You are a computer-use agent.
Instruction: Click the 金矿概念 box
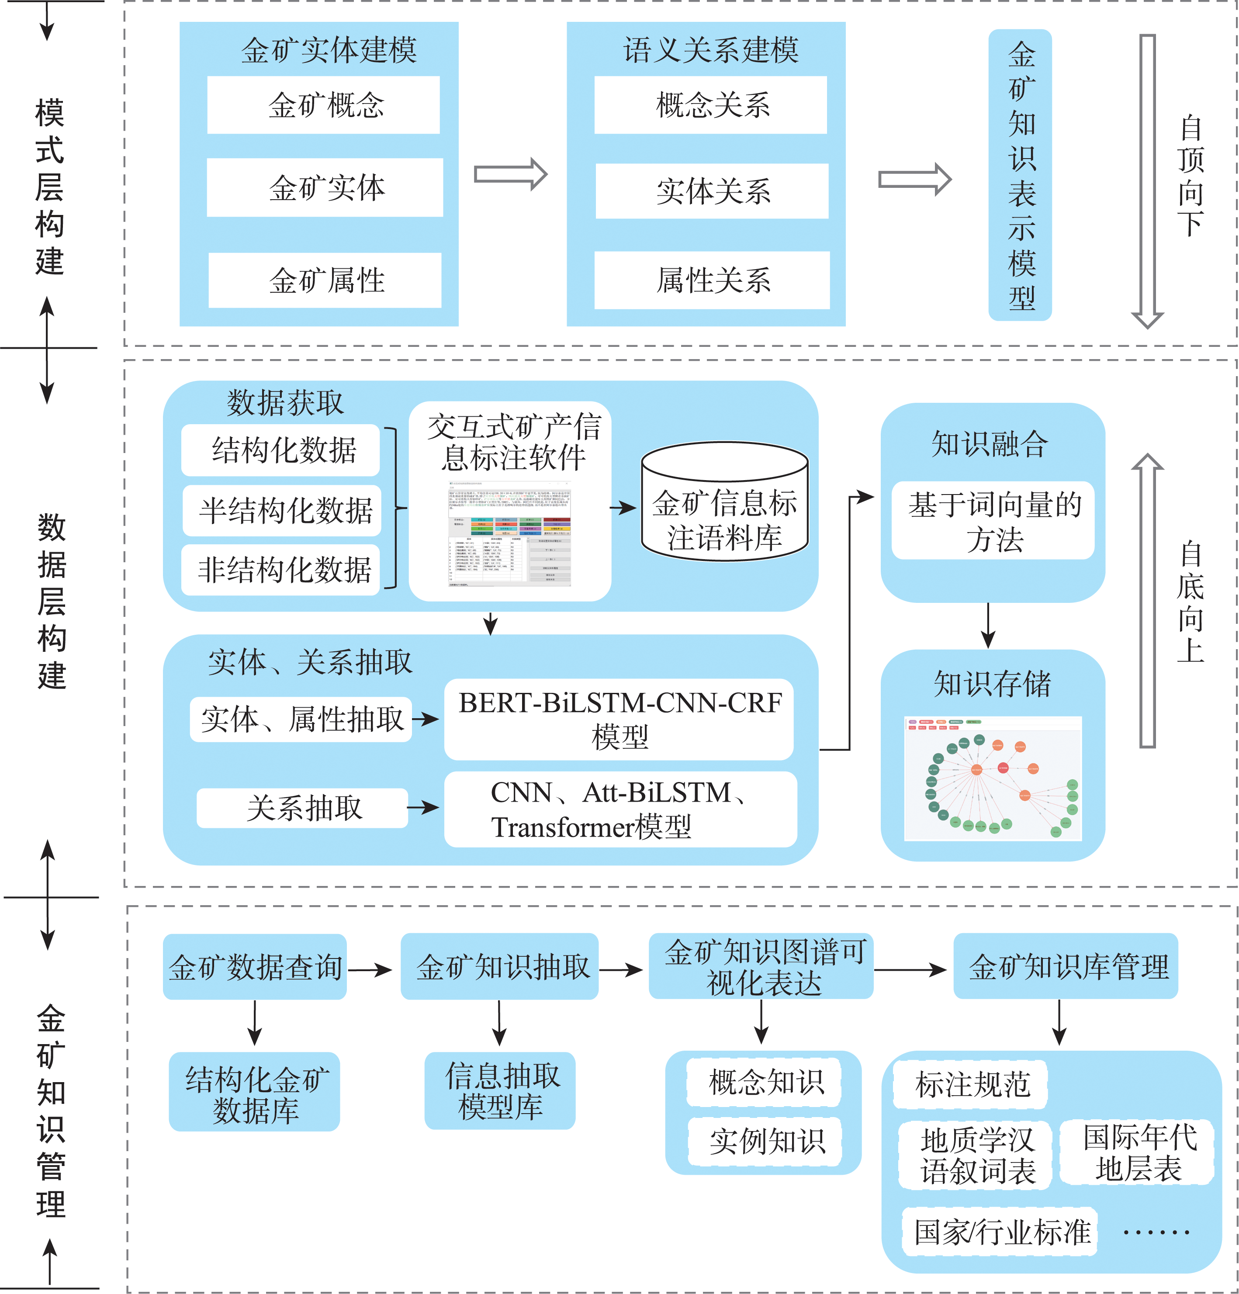pos(323,105)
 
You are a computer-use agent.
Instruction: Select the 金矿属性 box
pos(325,280)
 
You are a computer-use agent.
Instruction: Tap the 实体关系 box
pos(712,191)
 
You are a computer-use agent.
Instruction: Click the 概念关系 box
pos(710,105)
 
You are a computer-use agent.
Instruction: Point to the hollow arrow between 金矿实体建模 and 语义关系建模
pos(510,174)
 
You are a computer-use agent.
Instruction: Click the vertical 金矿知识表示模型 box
pos(1019,175)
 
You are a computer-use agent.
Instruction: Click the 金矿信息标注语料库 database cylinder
pos(724,502)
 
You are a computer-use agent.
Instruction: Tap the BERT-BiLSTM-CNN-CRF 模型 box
pos(619,719)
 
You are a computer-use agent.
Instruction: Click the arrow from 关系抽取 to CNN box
pos(423,807)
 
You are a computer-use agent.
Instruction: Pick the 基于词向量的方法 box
pos(993,521)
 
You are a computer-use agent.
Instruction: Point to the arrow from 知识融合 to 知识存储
pos(987,625)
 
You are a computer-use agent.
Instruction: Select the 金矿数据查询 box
pos(255,966)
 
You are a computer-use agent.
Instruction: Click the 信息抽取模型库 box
pos(500,1091)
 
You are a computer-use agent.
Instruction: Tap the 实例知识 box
pos(766,1141)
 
